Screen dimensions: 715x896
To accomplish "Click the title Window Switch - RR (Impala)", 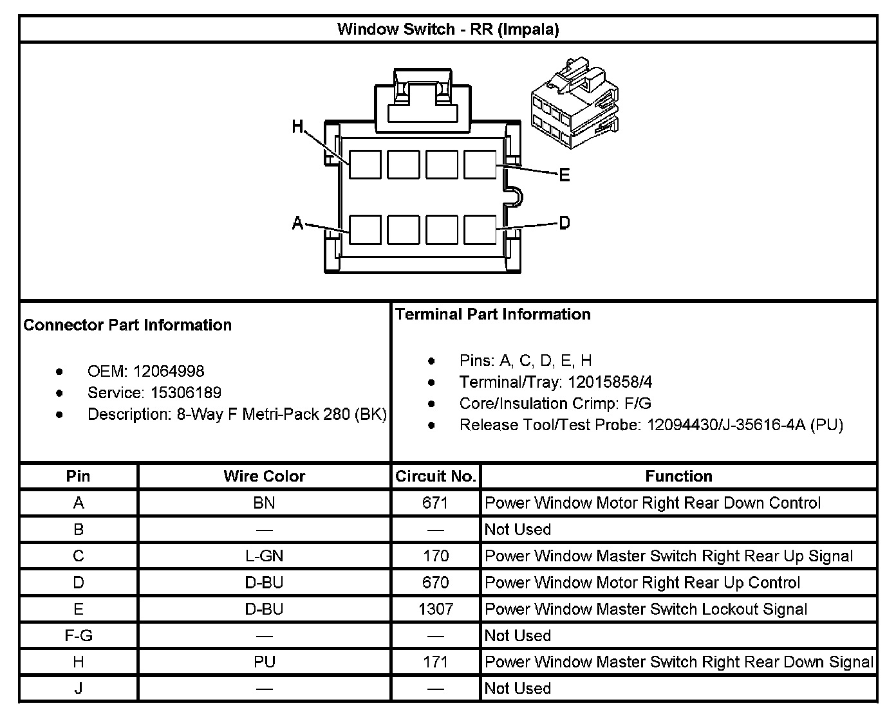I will (448, 30).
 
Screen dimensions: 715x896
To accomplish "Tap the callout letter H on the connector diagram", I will (297, 127).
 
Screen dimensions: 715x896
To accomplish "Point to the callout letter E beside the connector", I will (565, 175).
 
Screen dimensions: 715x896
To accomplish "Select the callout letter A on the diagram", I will (297, 223).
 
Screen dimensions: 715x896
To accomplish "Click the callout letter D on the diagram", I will (565, 223).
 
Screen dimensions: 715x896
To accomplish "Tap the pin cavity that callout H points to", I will (365, 165).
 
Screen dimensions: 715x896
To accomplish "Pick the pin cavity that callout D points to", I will (480, 229).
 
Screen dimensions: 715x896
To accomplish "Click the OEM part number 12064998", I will (169, 372).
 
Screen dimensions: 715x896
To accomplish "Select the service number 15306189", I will (186, 393).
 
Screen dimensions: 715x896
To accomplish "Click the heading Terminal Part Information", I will (493, 314).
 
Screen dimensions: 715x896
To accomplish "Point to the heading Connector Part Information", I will (127, 325).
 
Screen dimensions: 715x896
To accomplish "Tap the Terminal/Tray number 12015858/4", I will (610, 383).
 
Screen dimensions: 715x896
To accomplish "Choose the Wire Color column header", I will (264, 476).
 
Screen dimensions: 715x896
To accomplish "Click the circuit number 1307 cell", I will (436, 609).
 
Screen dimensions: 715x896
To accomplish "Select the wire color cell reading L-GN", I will (264, 556).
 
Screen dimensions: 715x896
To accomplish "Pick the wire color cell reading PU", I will (264, 662).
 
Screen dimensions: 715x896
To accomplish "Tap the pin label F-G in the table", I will (79, 635).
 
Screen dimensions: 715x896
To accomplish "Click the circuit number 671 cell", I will (436, 503).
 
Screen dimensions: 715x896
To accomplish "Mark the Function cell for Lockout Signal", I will (646, 609).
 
